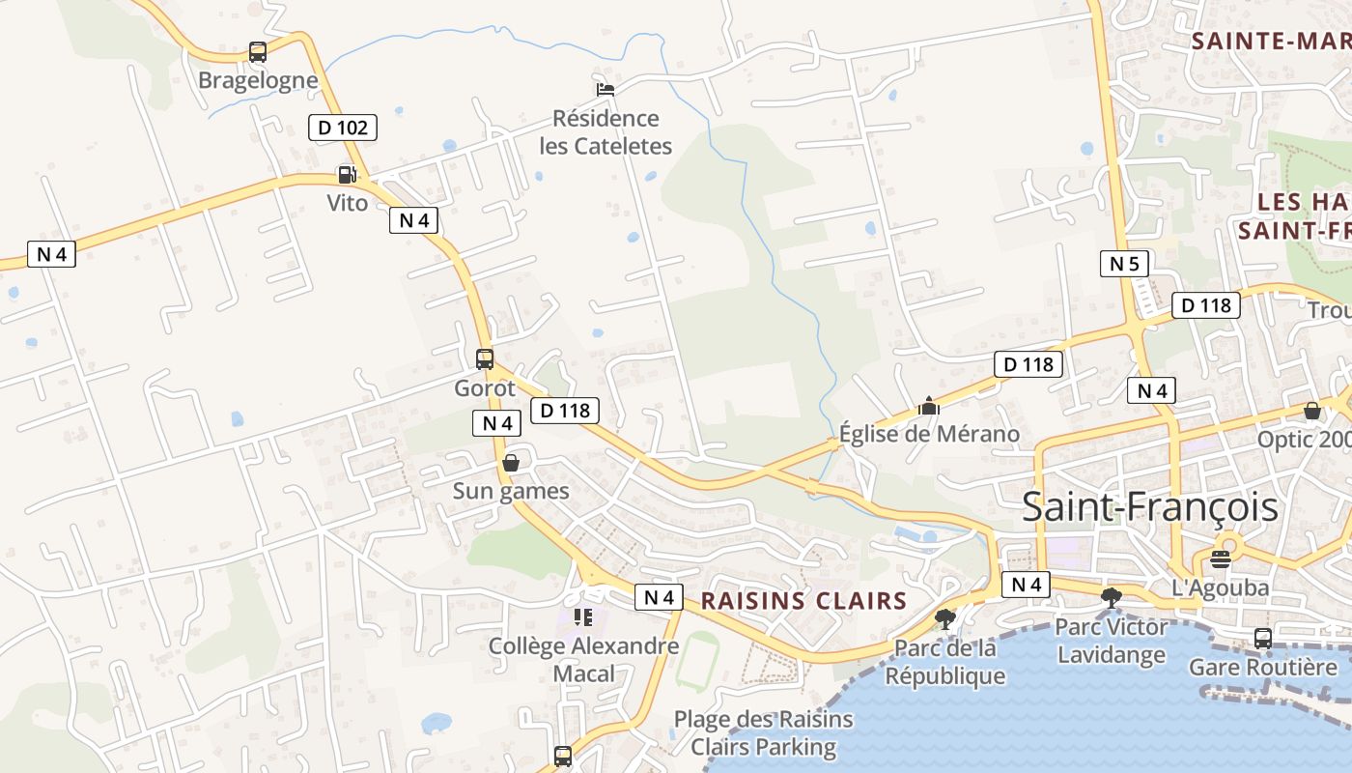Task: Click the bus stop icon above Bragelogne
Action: tap(257, 52)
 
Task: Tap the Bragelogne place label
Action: tap(258, 80)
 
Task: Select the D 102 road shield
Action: tap(343, 127)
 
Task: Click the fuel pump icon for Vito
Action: tap(347, 175)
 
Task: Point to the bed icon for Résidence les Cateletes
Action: tap(606, 89)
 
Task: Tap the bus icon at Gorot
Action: tap(485, 359)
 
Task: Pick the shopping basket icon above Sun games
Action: tap(511, 463)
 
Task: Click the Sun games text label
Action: tap(511, 491)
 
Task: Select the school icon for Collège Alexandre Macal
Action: tap(582, 616)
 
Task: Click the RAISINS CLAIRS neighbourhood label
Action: tap(803, 600)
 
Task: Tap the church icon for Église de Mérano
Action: tap(929, 406)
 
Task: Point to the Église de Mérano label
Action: tap(929, 434)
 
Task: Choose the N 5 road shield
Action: tap(1124, 263)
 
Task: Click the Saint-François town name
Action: tap(1149, 507)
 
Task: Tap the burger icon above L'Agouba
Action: tap(1221, 558)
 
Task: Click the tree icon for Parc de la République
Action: tap(945, 618)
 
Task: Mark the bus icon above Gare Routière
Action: tap(1262, 638)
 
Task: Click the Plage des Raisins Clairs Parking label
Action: tap(763, 732)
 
